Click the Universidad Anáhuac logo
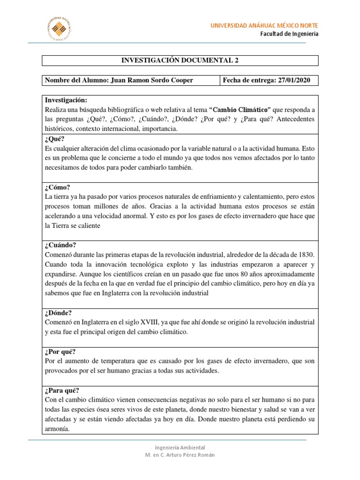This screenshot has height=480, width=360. click(x=59, y=28)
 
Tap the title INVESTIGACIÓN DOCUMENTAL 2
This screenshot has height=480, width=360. click(x=180, y=60)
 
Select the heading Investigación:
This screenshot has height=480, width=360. click(x=66, y=100)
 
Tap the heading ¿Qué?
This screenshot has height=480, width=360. click(x=54, y=139)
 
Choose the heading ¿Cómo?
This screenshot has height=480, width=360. click(x=57, y=187)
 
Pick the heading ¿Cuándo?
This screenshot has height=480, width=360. click(x=60, y=245)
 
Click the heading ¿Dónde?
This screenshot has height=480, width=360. click(x=59, y=313)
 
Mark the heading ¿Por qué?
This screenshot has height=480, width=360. click(x=60, y=352)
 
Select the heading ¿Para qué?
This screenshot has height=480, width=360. click(x=62, y=390)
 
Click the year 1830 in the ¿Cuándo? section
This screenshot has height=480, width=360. click(x=306, y=255)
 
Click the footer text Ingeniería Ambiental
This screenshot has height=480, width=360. click(x=180, y=448)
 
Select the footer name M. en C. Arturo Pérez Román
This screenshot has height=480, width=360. click(x=180, y=455)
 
